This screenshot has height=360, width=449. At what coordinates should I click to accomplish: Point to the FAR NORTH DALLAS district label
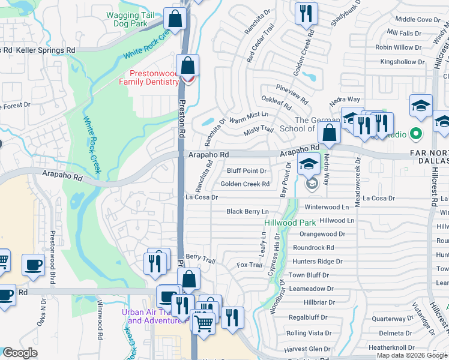pyautogui.click(x=429, y=157)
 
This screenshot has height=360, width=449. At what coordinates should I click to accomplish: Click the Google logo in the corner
pyautogui.click(x=19, y=353)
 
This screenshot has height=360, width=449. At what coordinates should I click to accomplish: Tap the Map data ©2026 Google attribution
pyautogui.click(x=412, y=355)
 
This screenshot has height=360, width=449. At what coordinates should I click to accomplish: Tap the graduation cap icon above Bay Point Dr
pyautogui.click(x=309, y=164)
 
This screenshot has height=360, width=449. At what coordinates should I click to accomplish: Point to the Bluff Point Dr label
pyautogui.click(x=246, y=171)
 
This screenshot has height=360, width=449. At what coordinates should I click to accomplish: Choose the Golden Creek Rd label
pyautogui.click(x=245, y=184)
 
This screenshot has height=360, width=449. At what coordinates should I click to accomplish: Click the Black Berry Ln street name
pyautogui.click(x=247, y=212)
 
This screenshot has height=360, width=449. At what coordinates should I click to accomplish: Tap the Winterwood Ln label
pyautogui.click(x=327, y=207)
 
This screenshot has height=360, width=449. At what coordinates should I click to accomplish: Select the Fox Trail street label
pyautogui.click(x=250, y=265)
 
